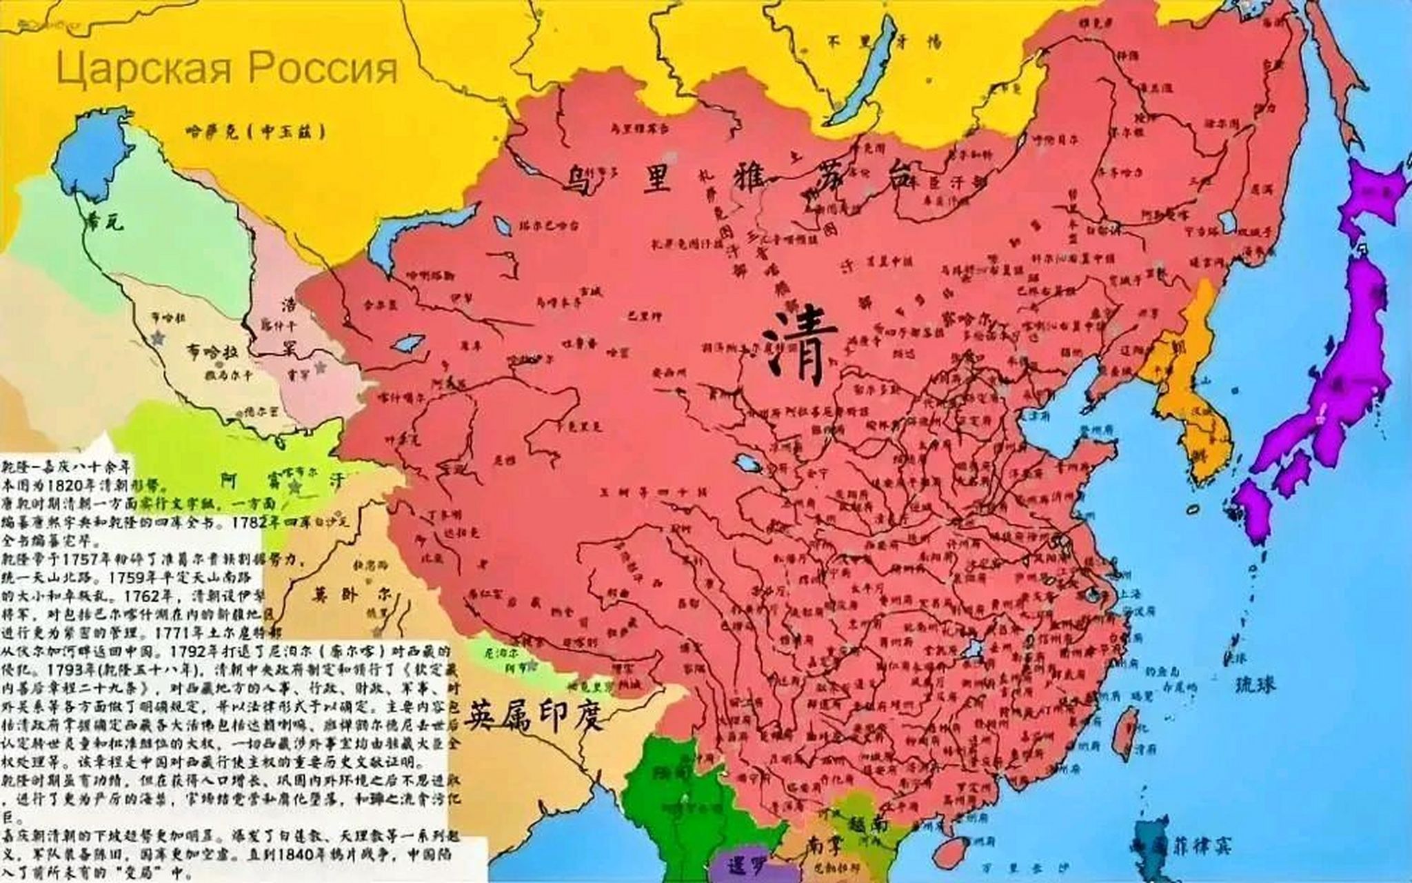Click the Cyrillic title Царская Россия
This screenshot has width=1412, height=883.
[x=227, y=69]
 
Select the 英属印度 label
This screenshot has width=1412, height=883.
[x=534, y=717]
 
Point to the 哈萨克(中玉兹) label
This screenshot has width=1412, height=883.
[x=255, y=131]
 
